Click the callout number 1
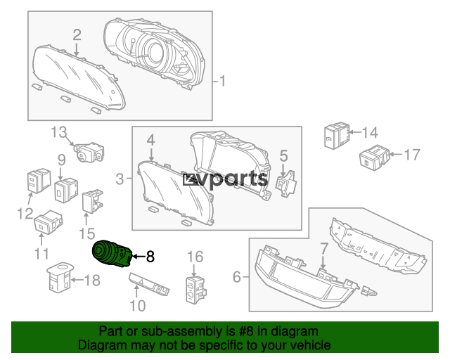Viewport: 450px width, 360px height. (223, 82)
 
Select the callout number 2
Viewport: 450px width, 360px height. (77, 34)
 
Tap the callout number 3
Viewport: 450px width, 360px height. (120, 179)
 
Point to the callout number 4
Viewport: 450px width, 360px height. (150, 141)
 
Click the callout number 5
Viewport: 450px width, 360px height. (283, 155)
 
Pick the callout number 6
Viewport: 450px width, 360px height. (237, 278)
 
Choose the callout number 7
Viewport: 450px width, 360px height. (323, 248)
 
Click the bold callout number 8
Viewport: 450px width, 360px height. (149, 257)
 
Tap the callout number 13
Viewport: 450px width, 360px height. (57, 131)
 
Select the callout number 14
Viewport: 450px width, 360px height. (369, 131)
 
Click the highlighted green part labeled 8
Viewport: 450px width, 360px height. (111, 254)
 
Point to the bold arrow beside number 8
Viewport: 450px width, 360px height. (136, 257)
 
